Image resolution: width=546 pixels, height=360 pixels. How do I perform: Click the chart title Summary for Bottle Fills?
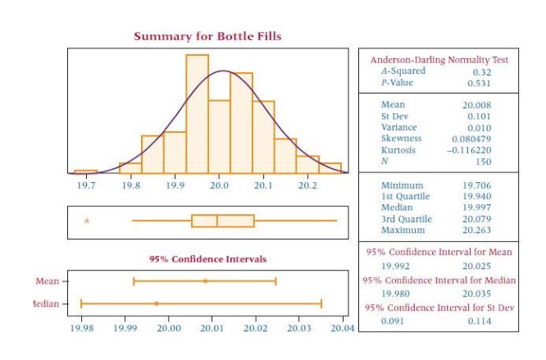(207, 36)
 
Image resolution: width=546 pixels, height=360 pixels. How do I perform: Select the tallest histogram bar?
(197, 113)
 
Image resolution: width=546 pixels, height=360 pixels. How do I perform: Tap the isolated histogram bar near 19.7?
(85, 172)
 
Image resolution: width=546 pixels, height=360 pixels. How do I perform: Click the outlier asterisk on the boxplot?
(87, 221)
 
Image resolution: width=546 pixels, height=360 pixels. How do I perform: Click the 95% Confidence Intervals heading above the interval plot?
(207, 259)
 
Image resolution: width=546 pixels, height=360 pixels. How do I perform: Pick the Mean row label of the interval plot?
(47, 280)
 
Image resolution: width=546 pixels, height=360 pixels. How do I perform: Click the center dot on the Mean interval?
(205, 281)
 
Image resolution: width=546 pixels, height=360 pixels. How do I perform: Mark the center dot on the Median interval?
(157, 303)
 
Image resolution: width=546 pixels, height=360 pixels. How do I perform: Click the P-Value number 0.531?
(479, 83)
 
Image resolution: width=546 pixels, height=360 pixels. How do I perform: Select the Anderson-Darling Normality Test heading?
(439, 60)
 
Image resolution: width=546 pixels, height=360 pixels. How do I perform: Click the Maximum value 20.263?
(477, 230)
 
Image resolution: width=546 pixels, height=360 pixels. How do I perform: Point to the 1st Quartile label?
(403, 197)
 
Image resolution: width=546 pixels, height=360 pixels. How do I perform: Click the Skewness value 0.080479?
(471, 139)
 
